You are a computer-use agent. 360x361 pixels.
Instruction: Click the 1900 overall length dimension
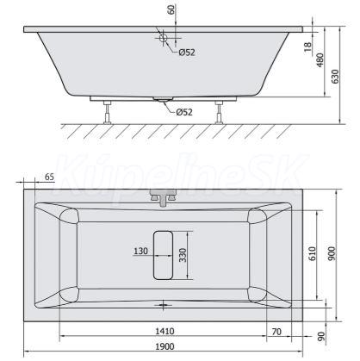164,346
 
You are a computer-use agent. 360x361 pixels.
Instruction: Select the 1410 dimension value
164,331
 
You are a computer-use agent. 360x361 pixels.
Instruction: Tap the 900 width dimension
332,253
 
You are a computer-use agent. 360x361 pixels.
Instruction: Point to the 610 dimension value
313,253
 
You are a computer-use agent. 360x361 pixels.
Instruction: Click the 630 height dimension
335,76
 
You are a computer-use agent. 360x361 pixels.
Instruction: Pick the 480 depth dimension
320,60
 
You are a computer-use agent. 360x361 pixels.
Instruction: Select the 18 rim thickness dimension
307,47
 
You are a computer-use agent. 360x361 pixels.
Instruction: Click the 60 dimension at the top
171,9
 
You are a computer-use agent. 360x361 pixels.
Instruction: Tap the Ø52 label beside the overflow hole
187,53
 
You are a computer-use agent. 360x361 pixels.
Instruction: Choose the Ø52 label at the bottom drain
184,112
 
